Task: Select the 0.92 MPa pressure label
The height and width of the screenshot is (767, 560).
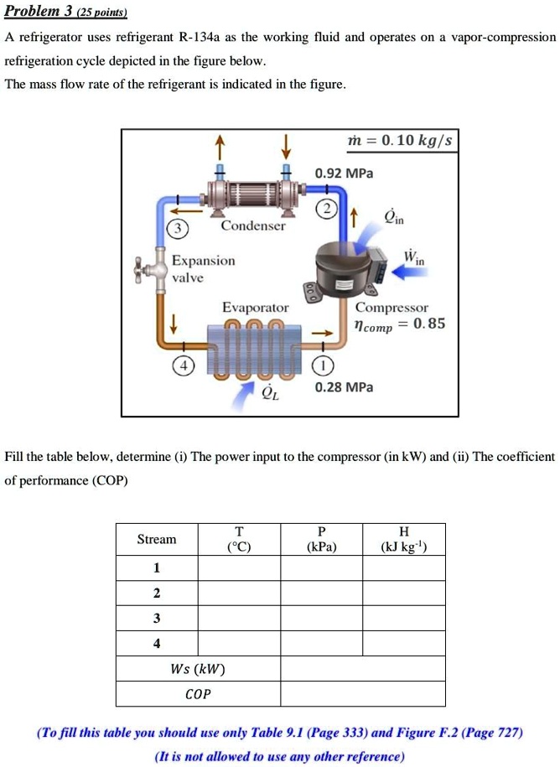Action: (x=344, y=174)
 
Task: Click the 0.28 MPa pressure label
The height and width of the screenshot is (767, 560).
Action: (x=344, y=387)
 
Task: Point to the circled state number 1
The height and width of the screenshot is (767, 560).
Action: (x=324, y=365)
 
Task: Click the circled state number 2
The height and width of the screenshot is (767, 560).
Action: (x=324, y=209)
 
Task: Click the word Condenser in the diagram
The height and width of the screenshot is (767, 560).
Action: (x=252, y=226)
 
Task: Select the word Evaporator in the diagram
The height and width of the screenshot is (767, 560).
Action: (x=255, y=308)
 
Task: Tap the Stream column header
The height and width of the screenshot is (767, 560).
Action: (x=157, y=539)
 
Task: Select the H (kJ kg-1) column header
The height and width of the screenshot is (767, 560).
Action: (x=404, y=539)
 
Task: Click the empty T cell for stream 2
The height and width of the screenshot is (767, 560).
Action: (x=239, y=593)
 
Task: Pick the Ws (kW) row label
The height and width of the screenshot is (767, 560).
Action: (x=198, y=669)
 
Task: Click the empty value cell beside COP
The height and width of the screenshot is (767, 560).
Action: (x=362, y=694)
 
